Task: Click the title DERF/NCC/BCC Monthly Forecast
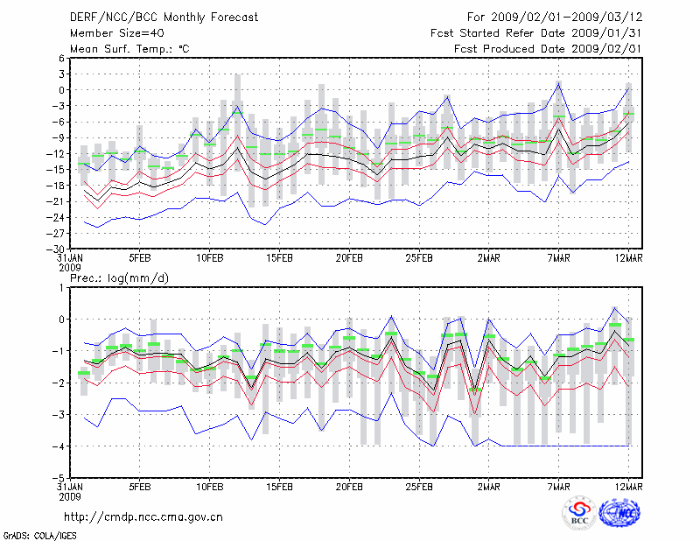click(x=158, y=17)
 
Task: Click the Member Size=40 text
click(x=111, y=32)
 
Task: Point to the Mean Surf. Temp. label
click(x=129, y=48)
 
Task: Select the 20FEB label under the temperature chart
click(x=350, y=258)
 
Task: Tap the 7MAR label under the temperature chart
click(x=559, y=258)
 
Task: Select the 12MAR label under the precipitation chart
click(x=629, y=488)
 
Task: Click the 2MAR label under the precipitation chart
click(x=489, y=488)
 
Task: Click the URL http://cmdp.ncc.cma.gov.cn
click(x=143, y=517)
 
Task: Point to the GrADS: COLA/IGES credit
click(x=31, y=533)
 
